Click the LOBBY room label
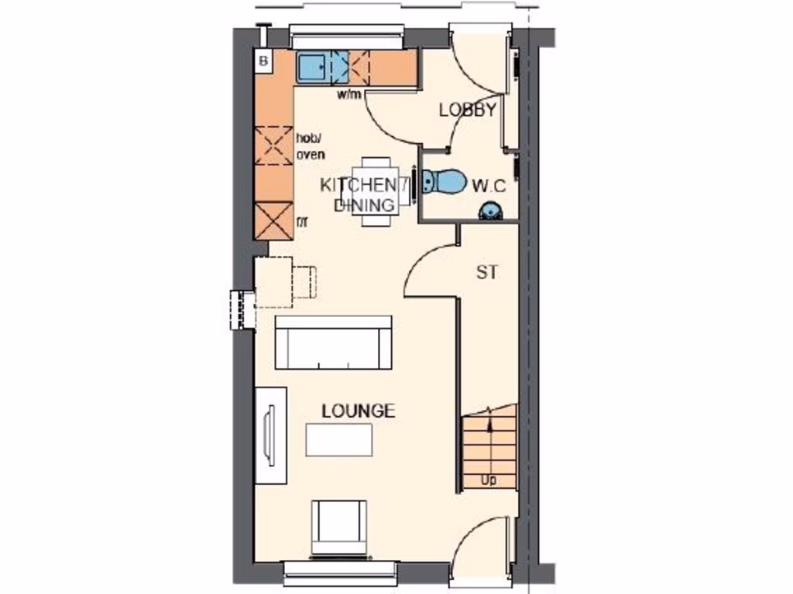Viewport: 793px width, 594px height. tap(467, 110)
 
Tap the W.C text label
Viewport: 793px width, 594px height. tap(489, 186)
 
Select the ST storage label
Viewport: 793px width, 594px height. tap(486, 272)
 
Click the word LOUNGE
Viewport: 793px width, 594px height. tap(359, 411)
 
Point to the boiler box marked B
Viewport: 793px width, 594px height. tap(264, 61)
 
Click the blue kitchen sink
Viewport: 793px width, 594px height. tap(313, 67)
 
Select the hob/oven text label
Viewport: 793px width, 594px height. tap(310, 146)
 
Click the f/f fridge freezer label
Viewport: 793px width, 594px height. tap(302, 223)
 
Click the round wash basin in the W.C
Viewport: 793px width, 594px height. tap(489, 210)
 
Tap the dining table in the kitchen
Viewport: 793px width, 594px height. tap(377, 191)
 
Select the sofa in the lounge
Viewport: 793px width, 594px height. tap(333, 343)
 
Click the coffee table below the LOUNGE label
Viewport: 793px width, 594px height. tap(338, 441)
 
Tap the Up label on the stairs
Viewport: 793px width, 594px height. tap(489, 480)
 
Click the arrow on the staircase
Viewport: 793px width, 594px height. tap(489, 418)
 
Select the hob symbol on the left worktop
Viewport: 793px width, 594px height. tap(274, 145)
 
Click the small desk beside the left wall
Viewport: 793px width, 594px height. tap(273, 282)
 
